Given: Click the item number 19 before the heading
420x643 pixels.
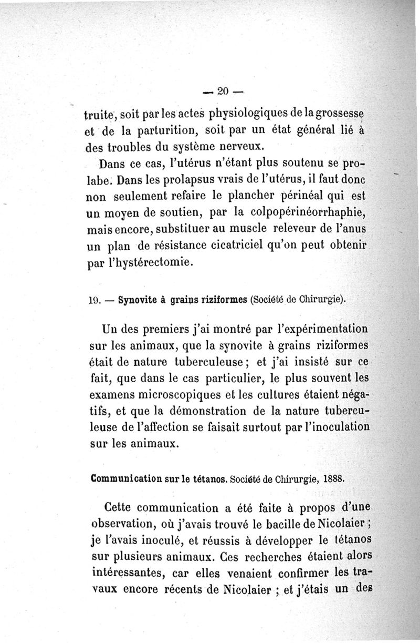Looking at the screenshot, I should [x=95, y=301].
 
